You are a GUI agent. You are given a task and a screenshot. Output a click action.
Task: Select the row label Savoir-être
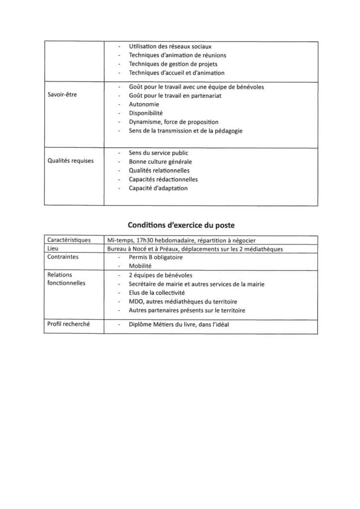pos(62,95)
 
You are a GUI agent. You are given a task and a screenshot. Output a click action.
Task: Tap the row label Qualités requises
pos(70,161)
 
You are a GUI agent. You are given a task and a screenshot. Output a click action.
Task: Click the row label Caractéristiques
pos(69,240)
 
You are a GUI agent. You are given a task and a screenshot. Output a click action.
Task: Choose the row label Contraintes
pos(63,257)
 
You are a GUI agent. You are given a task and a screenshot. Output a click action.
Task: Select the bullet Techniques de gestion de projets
pos(173,64)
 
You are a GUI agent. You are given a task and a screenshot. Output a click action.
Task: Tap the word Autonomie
pos(144,104)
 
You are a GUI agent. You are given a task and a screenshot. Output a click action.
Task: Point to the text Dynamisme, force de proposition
pos(174,122)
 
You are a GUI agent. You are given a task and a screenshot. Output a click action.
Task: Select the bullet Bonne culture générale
pos(160,162)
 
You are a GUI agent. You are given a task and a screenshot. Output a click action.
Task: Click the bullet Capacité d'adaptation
pos(158,188)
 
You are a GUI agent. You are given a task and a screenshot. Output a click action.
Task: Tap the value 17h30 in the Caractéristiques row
pos(146,240)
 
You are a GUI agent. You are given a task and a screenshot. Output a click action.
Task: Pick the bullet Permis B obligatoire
pos(156,257)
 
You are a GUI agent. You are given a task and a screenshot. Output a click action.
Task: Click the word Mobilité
pos(140,266)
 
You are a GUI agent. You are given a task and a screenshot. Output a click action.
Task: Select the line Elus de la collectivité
pos(157,293)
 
